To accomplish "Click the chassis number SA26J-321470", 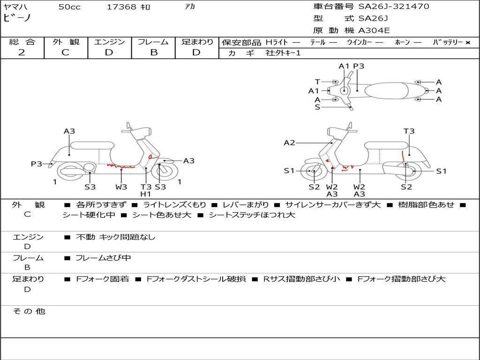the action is coord(394,7).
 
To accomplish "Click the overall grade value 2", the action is coord(22,52).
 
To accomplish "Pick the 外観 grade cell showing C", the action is coord(65,52).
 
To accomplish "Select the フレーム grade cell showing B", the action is coord(154,52).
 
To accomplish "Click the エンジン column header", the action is coord(109,42).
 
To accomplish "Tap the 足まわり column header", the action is coord(197,42).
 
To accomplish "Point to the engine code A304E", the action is coord(374,31).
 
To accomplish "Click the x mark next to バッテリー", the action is coord(467,43).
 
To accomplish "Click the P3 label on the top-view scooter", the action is coord(359,66).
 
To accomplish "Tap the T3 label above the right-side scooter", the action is coord(409,131).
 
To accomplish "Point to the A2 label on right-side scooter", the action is coord(289,142).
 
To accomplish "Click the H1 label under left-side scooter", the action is coord(146,194).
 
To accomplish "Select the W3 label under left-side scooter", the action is coord(121,187).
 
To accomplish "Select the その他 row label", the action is coord(29,311).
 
